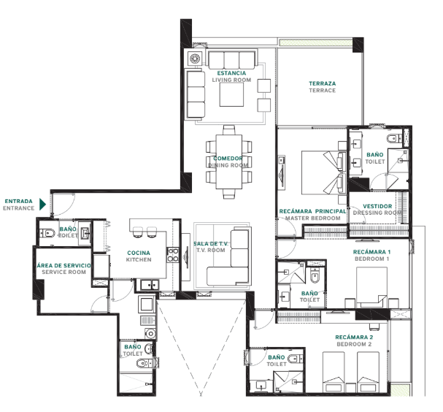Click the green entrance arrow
point(42,205)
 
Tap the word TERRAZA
point(323,84)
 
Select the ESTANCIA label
point(231,73)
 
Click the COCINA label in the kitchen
point(139,253)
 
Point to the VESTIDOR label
point(377,207)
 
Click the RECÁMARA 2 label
point(354,337)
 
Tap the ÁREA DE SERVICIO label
point(63,265)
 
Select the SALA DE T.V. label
point(211,243)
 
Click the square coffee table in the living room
point(231,94)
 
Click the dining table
point(229,161)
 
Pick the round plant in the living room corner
point(195,58)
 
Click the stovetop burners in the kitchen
point(173,255)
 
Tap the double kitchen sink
point(150,285)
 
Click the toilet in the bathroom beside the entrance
point(47,234)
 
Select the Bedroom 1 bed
point(371,287)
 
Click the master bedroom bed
point(322,172)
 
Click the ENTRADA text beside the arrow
point(19,202)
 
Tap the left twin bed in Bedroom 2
point(334,372)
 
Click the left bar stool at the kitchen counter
point(138,232)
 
